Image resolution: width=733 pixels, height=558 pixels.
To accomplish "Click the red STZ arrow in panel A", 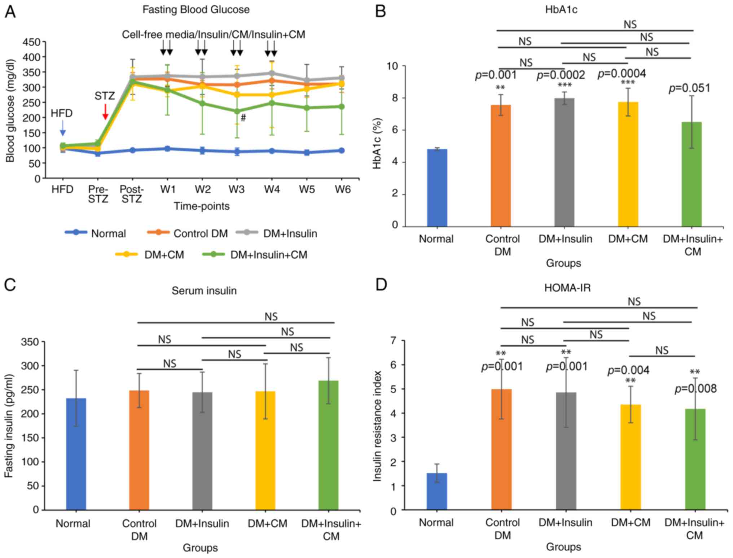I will [105, 112].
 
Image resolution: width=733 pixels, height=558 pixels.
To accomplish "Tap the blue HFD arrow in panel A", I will [63, 128].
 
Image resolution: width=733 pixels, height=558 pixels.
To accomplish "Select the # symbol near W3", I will [243, 118].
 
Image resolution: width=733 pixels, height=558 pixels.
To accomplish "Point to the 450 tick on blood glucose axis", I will [31, 42].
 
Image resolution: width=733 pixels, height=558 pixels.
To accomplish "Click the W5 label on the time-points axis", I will [307, 189].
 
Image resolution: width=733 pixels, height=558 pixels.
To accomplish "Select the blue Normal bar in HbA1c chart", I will [437, 188].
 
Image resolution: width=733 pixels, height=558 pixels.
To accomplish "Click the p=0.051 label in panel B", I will [689, 88].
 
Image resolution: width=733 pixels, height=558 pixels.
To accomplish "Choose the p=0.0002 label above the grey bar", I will [561, 75].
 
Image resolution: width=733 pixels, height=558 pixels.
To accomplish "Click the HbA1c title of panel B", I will [561, 10].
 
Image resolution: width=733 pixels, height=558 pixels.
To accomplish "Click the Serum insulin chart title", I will [204, 291].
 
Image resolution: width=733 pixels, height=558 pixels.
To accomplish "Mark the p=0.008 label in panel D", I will [695, 389].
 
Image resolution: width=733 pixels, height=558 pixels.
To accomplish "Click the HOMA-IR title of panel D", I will [567, 288].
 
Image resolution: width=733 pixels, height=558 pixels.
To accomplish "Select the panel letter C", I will [10, 285].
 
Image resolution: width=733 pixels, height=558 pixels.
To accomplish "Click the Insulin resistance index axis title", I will [377, 426].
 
